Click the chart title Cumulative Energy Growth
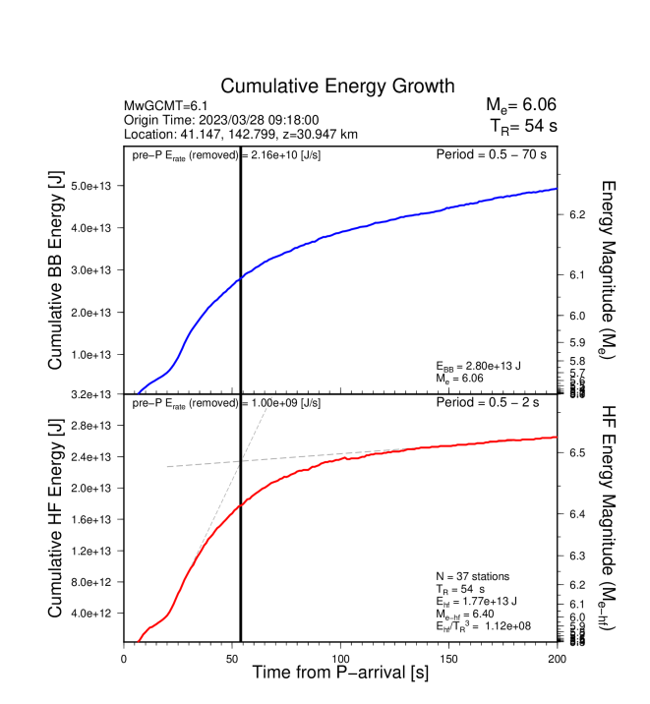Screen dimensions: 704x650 click(x=337, y=87)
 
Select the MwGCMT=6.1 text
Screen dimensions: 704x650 click(x=161, y=105)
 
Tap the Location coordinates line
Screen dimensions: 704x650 click(x=241, y=134)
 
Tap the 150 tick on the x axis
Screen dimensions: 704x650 click(x=448, y=658)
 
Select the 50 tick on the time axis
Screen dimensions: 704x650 click(x=232, y=658)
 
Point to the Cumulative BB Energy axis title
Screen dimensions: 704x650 click(x=57, y=270)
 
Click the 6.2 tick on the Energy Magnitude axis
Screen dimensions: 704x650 click(x=577, y=213)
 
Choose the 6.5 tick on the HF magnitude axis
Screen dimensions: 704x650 click(x=577, y=452)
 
